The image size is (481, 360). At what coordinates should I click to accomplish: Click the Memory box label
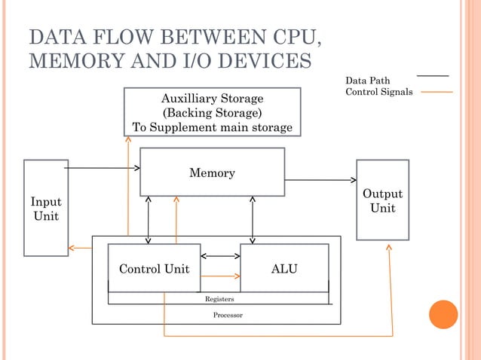[x=212, y=173]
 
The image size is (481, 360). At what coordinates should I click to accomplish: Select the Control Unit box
[x=155, y=268]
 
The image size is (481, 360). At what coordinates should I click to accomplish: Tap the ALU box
[x=284, y=268]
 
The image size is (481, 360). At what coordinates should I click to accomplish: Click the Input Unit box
[x=46, y=209]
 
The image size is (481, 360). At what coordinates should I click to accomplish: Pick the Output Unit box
[x=382, y=200]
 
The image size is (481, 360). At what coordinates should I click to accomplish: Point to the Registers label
[x=219, y=299]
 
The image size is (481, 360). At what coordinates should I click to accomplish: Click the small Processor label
[x=227, y=315]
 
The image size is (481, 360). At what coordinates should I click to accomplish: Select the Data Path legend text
[x=367, y=81]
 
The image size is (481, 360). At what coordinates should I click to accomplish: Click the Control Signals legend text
[x=378, y=93]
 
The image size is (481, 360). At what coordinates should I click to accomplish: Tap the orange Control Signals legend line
[x=436, y=93]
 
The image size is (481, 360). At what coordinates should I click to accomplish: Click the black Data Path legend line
[x=433, y=76]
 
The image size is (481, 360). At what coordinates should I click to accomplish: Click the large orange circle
[x=443, y=315]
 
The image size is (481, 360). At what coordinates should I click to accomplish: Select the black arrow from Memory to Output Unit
[x=320, y=180]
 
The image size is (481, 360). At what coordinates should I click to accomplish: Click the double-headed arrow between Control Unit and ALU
[x=220, y=256]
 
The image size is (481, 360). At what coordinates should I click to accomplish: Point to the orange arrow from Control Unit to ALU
[x=220, y=276]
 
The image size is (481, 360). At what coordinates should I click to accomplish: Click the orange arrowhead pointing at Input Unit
[x=72, y=247]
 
